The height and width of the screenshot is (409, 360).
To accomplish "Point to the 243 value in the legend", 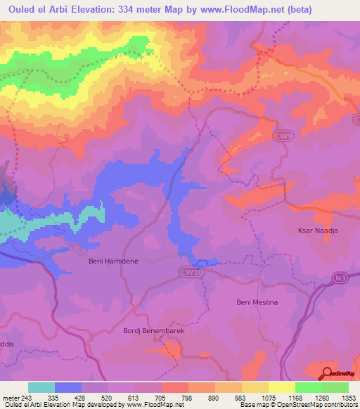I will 26,397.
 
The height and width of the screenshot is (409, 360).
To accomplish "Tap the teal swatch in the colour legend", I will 41,387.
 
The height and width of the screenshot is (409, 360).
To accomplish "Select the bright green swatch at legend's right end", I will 335,387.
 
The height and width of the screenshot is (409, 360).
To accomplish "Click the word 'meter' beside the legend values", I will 10,397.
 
